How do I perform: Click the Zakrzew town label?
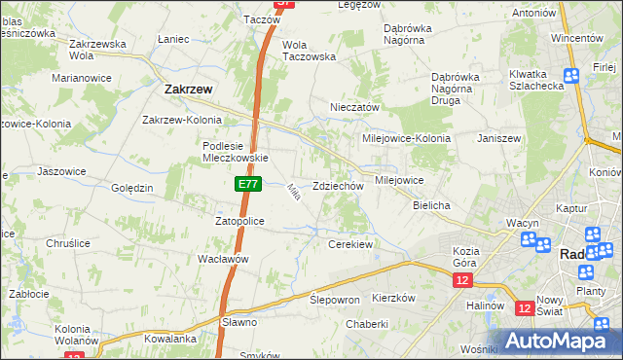tap(182, 89)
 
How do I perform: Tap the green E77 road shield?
tap(247, 182)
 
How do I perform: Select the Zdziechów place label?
tap(338, 186)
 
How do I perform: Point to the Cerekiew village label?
tap(351, 244)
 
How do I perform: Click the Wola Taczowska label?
tap(309, 51)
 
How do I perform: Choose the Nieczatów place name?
tap(354, 108)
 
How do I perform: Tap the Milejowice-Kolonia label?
tap(406, 138)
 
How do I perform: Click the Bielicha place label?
tap(430, 206)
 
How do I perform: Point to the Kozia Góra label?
tap(473, 257)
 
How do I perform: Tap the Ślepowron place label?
tap(335, 301)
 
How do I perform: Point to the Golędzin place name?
tap(132, 188)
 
